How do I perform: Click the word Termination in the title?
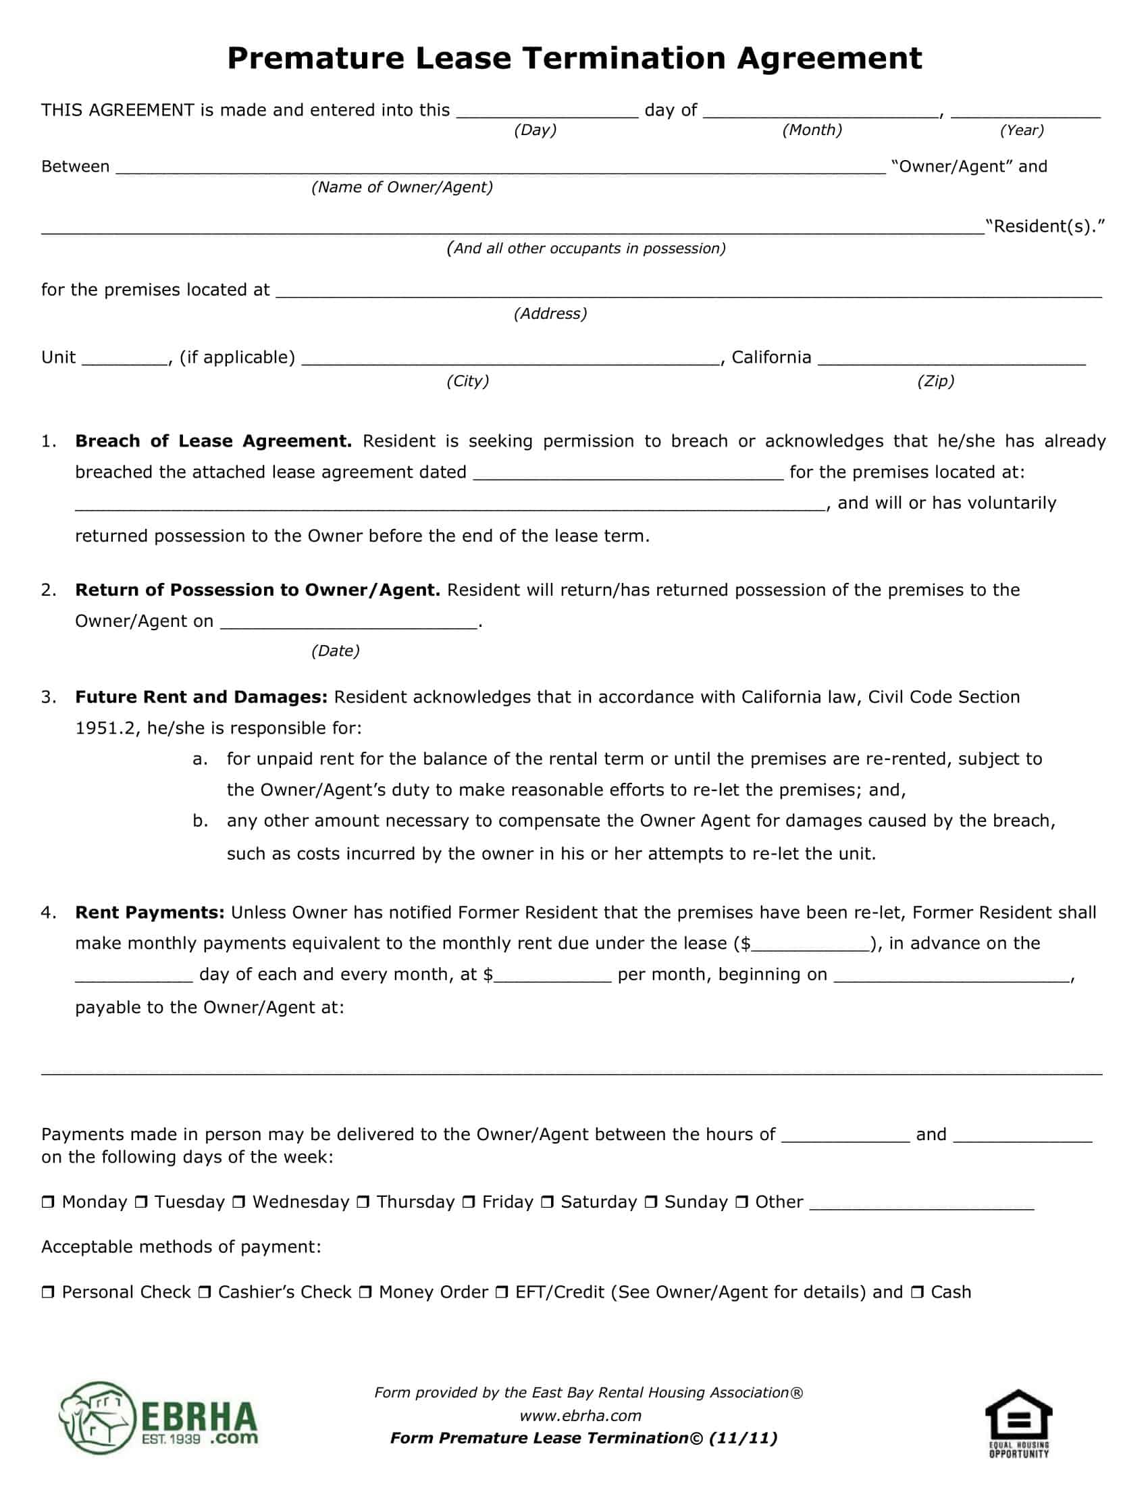click(x=624, y=59)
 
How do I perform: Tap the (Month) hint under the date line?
click(x=811, y=130)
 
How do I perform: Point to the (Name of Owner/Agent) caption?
click(x=402, y=187)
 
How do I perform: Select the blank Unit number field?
click(x=125, y=359)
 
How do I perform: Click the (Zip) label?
click(x=935, y=381)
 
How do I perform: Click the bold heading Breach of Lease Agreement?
click(x=213, y=441)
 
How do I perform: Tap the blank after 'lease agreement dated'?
click(x=628, y=473)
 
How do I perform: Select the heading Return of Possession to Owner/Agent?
click(x=257, y=590)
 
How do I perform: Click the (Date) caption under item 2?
click(x=336, y=651)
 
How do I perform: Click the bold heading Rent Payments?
click(x=150, y=913)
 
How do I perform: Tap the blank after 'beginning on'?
click(x=951, y=977)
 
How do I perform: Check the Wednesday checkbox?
click(x=238, y=1202)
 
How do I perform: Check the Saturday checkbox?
click(x=547, y=1202)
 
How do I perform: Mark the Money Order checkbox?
click(x=365, y=1292)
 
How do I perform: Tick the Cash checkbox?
click(x=917, y=1292)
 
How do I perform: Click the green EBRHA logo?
click(x=159, y=1417)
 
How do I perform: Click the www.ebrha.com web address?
click(x=580, y=1415)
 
